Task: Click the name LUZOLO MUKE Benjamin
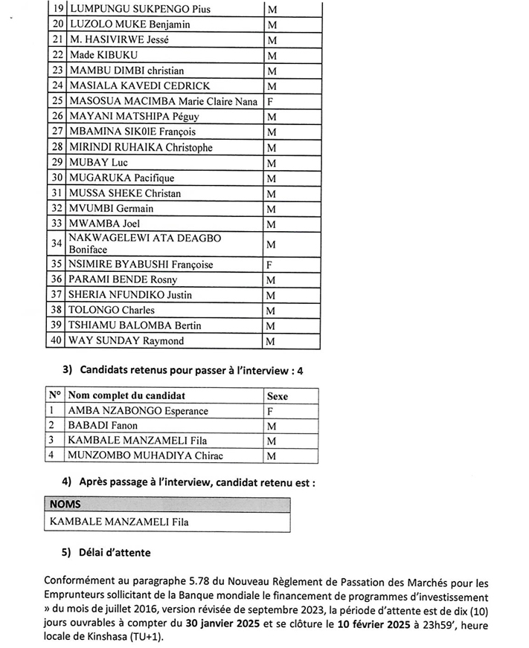point(129,25)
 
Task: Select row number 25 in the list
point(57,101)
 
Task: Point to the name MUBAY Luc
point(99,163)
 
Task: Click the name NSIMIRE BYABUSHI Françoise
point(141,265)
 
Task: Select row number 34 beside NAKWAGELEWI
point(57,244)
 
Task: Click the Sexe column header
point(277,396)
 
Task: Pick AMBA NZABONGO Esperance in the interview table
point(138,411)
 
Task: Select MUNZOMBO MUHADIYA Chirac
point(145,456)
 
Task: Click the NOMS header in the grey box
point(65,505)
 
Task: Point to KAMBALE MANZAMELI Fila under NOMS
point(119,522)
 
